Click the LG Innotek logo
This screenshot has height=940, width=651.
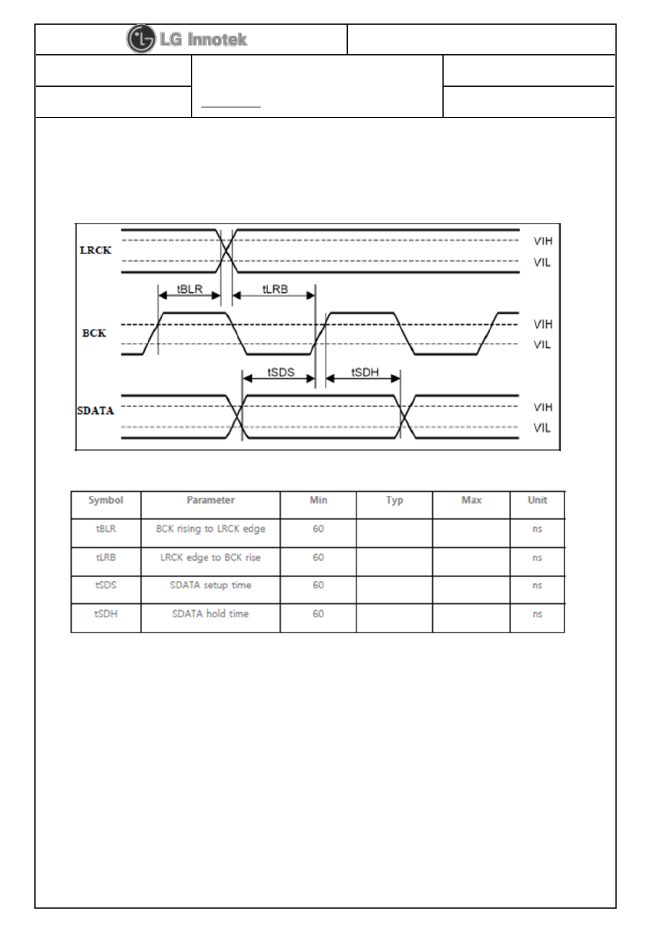point(187,40)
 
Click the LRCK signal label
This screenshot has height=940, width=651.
point(95,251)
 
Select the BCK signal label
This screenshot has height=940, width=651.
point(94,333)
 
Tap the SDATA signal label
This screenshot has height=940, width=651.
point(95,411)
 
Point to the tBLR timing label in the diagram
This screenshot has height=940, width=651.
point(189,289)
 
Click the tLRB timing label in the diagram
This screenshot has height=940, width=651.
point(275,289)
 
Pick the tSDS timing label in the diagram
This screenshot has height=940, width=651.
point(281,372)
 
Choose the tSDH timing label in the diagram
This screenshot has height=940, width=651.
point(365,372)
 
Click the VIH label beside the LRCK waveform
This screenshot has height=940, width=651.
point(542,241)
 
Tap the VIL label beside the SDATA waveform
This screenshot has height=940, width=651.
point(542,428)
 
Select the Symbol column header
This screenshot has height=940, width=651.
point(105,500)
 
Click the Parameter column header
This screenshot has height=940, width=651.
point(210,500)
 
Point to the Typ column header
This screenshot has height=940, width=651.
point(394,500)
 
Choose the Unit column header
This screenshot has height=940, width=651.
point(537,500)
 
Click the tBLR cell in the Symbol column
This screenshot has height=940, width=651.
point(105,529)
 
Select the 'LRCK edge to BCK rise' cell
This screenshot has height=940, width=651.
point(210,557)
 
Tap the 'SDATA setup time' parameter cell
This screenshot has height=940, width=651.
point(210,585)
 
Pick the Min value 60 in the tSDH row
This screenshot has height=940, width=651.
point(318,614)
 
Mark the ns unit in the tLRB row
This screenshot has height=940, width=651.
point(537,557)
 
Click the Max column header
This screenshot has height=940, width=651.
point(471,500)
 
